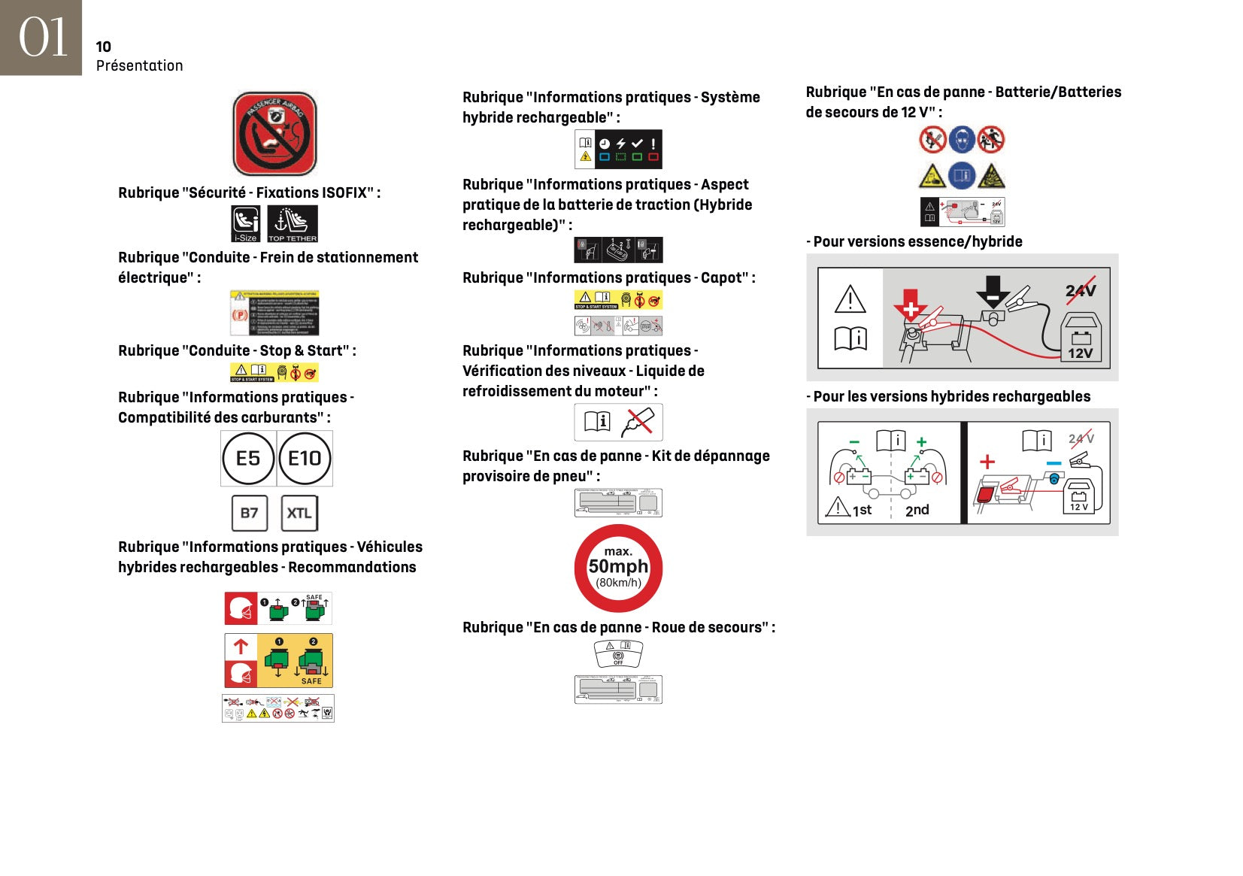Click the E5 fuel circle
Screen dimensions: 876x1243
click(x=248, y=459)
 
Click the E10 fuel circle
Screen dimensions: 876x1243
click(x=305, y=459)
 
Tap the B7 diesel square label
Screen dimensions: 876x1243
click(x=249, y=513)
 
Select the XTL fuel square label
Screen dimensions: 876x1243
click(x=299, y=513)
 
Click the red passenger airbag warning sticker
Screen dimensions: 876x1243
click(x=274, y=134)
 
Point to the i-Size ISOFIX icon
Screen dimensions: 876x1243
click(x=245, y=224)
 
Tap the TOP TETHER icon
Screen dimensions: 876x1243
click(x=293, y=224)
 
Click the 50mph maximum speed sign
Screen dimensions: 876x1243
click(x=618, y=568)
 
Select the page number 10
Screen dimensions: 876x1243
click(x=104, y=47)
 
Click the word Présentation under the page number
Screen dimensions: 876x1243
click(x=140, y=66)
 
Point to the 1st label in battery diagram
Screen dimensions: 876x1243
click(x=862, y=511)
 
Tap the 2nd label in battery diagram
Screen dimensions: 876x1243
click(x=917, y=511)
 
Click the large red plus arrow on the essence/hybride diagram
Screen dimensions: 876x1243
click(x=910, y=305)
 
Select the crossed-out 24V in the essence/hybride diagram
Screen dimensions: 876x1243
click(x=1080, y=291)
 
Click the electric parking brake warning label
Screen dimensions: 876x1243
click(x=274, y=313)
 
